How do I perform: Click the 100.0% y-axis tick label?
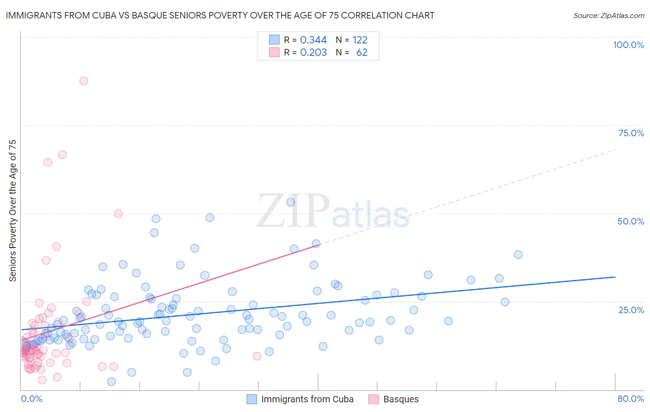(628, 45)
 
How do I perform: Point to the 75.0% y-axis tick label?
(631, 133)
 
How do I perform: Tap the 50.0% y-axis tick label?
(631, 221)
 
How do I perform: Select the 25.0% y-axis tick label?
(631, 309)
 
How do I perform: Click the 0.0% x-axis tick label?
(31, 399)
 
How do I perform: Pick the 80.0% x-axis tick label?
(631, 399)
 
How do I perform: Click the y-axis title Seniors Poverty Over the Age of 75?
(12, 211)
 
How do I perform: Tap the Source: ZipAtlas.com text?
(608, 15)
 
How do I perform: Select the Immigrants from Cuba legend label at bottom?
(307, 399)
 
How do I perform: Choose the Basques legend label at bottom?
(401, 399)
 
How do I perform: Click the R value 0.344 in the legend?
(313, 40)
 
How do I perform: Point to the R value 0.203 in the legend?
(313, 53)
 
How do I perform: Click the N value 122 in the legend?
(360, 40)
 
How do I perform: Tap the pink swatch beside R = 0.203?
(274, 53)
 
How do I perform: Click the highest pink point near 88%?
(84, 81)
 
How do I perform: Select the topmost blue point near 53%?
(291, 202)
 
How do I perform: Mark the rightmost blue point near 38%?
(518, 254)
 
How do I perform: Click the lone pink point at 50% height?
(118, 213)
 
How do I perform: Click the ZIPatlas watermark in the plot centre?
(333, 212)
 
